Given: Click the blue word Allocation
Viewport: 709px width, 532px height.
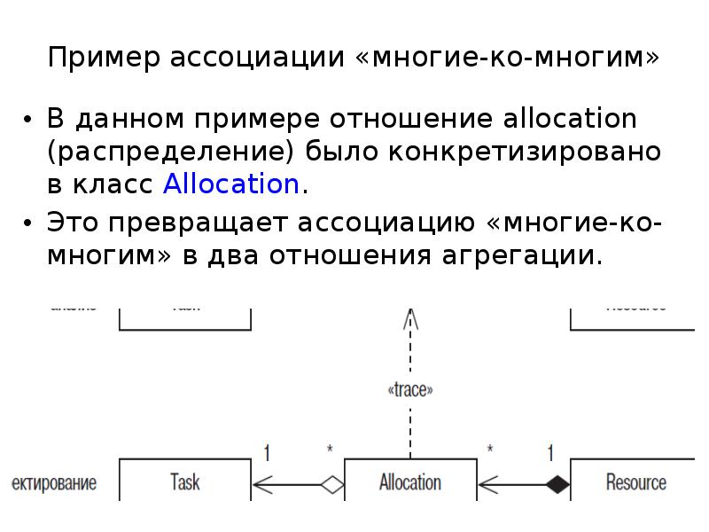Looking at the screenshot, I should (231, 184).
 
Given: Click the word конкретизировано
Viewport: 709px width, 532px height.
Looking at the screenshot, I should (524, 151).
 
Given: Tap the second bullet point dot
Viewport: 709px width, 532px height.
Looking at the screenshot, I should (28, 223).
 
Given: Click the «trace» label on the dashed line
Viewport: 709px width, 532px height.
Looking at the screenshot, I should (409, 388).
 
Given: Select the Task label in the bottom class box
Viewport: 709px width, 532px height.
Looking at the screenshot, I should (184, 482).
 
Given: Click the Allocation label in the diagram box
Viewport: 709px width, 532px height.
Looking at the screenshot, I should (409, 482).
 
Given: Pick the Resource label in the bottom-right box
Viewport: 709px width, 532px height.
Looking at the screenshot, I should (635, 482).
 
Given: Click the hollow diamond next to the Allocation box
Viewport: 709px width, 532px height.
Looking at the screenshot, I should (331, 484).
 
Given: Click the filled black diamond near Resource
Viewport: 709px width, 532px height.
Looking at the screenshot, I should (557, 484).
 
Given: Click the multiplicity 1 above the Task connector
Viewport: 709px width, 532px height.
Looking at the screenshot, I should (266, 452).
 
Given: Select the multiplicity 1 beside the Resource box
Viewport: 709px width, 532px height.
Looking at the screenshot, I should (550, 452).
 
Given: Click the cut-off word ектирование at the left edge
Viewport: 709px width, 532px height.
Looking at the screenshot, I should (53, 483).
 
